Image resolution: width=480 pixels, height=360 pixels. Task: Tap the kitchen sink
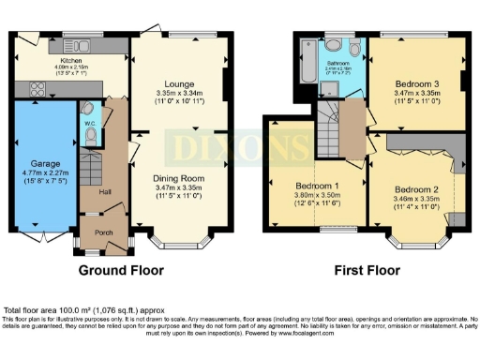click(82, 44)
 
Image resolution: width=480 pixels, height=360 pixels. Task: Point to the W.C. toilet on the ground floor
click(89, 135)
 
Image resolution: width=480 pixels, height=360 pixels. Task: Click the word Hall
click(92, 191)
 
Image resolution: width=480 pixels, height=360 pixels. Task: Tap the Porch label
click(96, 230)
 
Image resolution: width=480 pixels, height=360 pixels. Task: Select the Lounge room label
click(176, 84)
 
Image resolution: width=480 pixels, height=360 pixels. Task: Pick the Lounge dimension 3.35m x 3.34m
click(176, 94)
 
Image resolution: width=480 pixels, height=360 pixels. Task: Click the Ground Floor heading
click(121, 270)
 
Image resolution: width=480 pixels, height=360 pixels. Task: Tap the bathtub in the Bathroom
click(307, 67)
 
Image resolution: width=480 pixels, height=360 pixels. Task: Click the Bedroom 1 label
click(317, 185)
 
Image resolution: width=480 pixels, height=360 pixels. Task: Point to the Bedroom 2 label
click(413, 187)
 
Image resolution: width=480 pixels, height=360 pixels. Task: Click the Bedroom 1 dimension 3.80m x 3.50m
click(317, 195)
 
